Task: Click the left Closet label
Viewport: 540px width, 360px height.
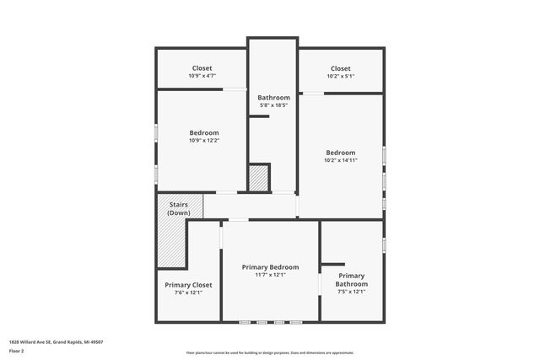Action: point(202,68)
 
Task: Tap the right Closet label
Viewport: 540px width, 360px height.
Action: point(340,68)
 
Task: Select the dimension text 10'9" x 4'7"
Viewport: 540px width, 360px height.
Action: point(202,76)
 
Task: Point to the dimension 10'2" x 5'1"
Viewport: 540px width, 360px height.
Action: point(340,76)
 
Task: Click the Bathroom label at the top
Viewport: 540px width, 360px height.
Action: point(273,98)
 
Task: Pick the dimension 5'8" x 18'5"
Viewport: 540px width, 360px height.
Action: point(273,105)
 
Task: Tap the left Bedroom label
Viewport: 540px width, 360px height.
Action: point(203,132)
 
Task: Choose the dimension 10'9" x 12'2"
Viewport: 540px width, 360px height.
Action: point(203,140)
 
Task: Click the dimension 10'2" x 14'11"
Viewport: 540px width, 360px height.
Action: point(341,160)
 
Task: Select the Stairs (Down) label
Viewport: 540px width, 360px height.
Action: point(178,208)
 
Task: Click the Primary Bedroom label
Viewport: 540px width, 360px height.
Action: point(270,266)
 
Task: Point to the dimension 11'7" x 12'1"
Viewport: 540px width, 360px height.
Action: point(270,274)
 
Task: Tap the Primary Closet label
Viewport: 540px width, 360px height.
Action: point(188,285)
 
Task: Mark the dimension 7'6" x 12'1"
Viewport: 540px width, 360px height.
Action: point(188,293)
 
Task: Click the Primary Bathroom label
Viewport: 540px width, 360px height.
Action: point(351,280)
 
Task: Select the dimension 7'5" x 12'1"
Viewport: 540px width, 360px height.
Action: point(351,293)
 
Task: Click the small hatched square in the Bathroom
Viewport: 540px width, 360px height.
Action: point(258,178)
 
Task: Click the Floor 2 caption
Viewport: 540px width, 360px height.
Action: point(16,350)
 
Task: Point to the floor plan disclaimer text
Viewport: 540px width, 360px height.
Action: point(270,353)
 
